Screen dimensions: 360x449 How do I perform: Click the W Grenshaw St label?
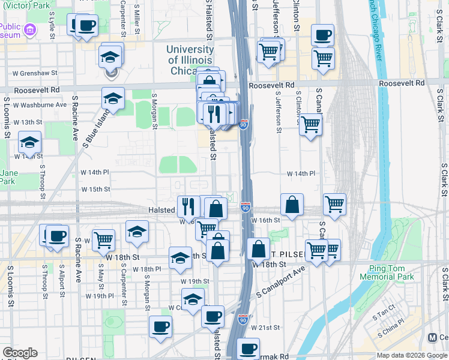tap(34, 73)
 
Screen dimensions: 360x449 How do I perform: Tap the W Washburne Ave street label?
tap(40, 104)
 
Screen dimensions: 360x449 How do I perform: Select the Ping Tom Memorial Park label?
tap(387, 273)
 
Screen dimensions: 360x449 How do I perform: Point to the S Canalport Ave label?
tap(281, 289)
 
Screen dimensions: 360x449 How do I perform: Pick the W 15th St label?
tap(95, 189)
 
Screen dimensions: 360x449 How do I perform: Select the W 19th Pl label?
tap(100, 296)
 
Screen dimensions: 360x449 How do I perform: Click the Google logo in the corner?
tap(20, 353)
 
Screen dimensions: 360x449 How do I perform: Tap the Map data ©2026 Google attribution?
tap(412, 355)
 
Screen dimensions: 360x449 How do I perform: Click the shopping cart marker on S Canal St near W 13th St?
tap(310, 125)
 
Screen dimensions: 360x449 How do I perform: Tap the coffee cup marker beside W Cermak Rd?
tap(248, 348)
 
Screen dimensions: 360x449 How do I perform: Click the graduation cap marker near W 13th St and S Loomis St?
tap(29, 142)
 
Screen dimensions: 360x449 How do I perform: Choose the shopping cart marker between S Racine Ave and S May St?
tap(104, 239)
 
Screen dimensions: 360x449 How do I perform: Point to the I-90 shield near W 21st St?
tap(243, 318)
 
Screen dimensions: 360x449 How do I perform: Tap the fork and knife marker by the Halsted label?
tap(188, 206)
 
